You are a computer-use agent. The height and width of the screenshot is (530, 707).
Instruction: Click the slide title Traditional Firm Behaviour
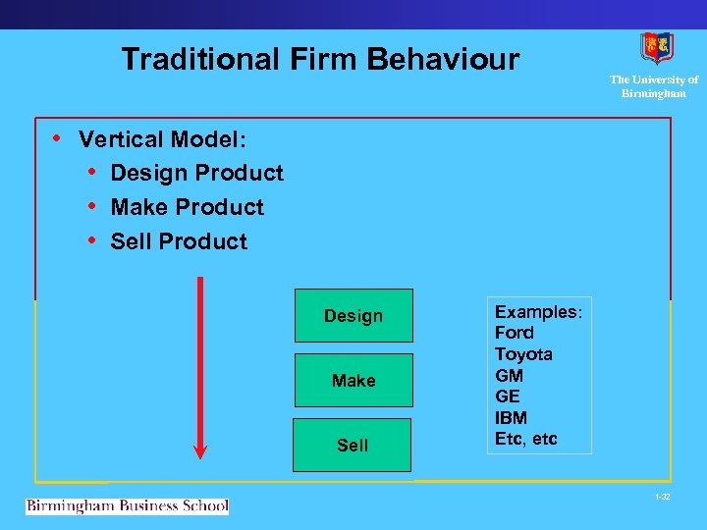(x=320, y=60)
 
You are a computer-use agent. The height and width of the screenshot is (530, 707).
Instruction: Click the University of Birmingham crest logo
(x=657, y=48)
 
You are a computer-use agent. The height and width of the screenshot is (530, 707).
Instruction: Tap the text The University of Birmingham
(x=654, y=86)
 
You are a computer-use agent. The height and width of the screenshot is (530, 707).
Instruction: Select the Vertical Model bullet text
(x=162, y=139)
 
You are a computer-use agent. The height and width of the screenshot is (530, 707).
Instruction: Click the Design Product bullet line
(x=196, y=174)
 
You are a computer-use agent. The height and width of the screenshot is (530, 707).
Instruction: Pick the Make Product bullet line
(x=187, y=207)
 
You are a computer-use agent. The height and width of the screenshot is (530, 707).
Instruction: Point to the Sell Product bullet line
(x=179, y=241)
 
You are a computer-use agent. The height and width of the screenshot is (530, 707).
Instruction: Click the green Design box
(x=353, y=316)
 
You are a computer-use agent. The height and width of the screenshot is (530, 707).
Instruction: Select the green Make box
(x=353, y=381)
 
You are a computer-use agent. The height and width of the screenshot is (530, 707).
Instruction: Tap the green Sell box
(x=353, y=446)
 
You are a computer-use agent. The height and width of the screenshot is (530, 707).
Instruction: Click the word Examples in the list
(x=537, y=312)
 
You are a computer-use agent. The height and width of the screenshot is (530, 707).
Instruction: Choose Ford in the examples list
(x=515, y=333)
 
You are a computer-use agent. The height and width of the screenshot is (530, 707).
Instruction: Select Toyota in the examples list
(x=523, y=354)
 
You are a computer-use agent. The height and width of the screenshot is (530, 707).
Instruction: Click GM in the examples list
(x=509, y=375)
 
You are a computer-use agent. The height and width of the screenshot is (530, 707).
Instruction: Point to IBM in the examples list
(x=511, y=418)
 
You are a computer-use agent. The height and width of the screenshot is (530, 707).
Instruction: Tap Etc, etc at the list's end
(x=525, y=439)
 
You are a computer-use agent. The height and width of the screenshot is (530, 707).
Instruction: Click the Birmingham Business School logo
(x=127, y=506)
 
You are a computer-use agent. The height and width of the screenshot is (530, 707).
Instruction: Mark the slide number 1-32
(x=662, y=498)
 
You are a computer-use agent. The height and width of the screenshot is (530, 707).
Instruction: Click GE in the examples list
(x=508, y=397)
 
